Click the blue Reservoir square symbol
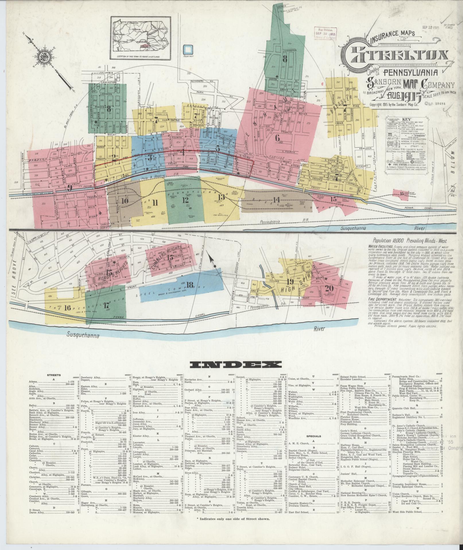click(187, 49)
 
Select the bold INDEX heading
click(235, 365)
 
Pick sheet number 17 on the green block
click(106, 305)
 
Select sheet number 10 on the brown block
click(125, 201)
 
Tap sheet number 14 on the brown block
click(276, 200)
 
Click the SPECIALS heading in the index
click(313, 436)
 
